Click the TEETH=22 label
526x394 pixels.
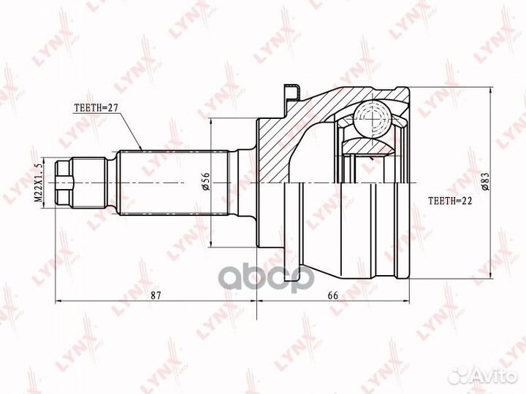click(x=450, y=201)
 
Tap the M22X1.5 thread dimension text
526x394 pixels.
click(x=39, y=183)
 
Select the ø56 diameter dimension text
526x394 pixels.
click(x=205, y=181)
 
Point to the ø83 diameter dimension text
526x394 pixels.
click(x=486, y=182)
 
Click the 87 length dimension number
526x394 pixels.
click(x=155, y=295)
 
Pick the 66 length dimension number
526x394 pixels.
click(x=333, y=295)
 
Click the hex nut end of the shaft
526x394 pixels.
click(x=64, y=183)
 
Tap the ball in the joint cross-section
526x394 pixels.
click(x=373, y=119)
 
